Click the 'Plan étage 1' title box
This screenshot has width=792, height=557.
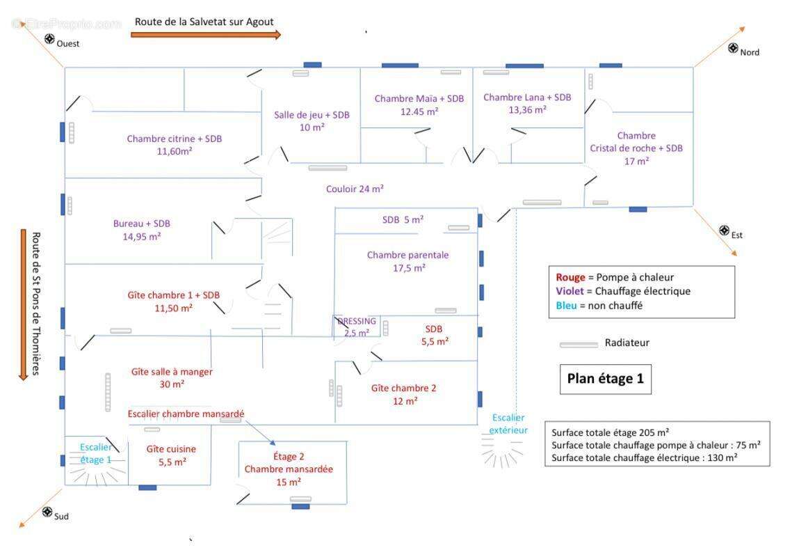coord(605,379)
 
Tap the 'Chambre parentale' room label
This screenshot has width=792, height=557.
coord(408,255)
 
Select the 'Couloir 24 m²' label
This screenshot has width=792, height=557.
coord(355,189)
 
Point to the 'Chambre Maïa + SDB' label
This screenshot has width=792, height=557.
coord(419,99)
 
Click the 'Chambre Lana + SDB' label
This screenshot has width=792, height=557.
coord(527,97)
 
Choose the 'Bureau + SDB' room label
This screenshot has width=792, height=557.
coord(141,223)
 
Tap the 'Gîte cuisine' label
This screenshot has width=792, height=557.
coord(171,449)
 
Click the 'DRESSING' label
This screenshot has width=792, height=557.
coord(357,322)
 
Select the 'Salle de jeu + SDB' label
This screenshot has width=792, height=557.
coord(311,115)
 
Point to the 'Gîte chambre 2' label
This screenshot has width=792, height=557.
coord(403,388)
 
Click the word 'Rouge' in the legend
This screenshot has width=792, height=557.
coord(570,277)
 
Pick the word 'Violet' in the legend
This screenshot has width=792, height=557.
coord(571,291)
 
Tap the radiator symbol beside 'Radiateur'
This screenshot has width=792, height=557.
coord(579,344)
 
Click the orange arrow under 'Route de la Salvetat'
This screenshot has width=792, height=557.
coord(206,35)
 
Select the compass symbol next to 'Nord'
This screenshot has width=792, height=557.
coord(733,48)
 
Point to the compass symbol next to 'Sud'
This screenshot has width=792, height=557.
coord(47,512)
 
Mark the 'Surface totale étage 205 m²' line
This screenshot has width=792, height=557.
coord(610,432)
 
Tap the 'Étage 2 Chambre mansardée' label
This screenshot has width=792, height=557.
coord(289,469)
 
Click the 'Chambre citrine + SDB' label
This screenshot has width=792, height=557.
coord(175,139)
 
